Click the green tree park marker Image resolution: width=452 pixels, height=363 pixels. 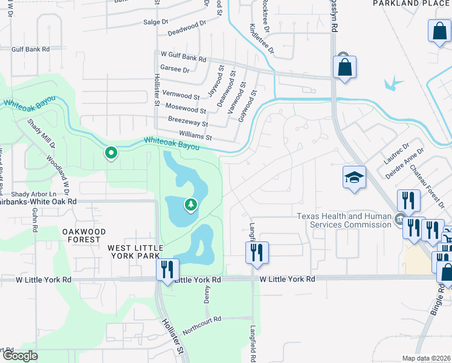(x=191, y=206)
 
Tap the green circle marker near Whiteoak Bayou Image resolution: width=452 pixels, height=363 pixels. (x=111, y=153)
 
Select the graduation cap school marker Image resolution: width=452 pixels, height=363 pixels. (x=354, y=177)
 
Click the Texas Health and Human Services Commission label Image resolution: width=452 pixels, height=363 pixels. (x=343, y=220)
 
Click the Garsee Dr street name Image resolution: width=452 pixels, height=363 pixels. (x=175, y=70)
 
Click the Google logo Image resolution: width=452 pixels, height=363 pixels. (x=20, y=356)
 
